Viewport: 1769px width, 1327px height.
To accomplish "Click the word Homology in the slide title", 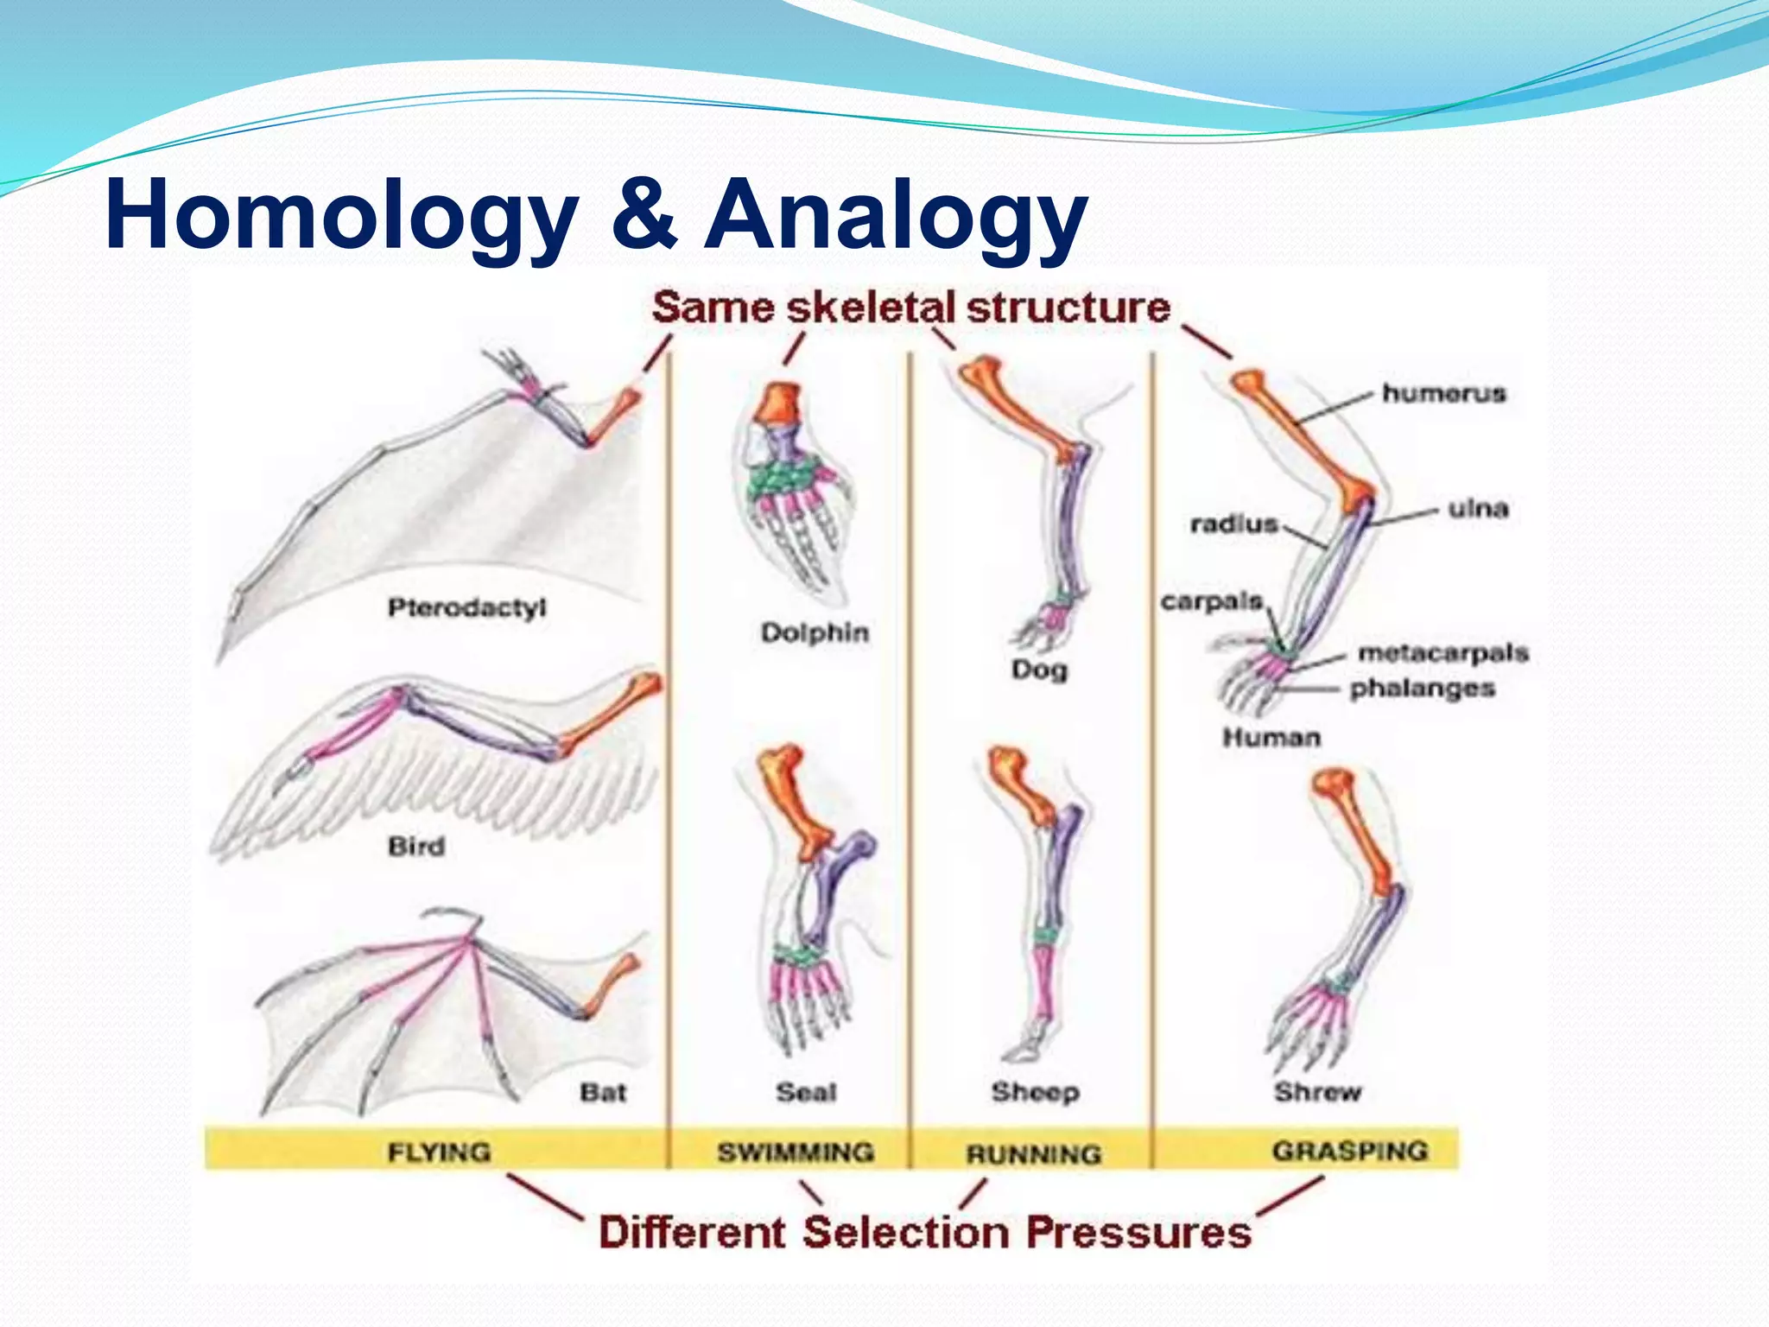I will [341, 214].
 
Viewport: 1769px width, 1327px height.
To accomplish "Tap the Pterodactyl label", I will [466, 607].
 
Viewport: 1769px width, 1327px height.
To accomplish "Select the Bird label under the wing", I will [416, 846].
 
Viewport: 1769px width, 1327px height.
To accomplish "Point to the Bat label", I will [602, 1092].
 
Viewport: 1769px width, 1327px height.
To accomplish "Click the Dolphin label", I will [815, 632].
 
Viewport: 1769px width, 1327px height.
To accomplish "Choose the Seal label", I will [806, 1092].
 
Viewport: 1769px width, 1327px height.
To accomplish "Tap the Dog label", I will [1039, 669].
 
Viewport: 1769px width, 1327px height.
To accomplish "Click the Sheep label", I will [1035, 1092].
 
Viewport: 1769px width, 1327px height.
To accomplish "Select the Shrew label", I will [1317, 1092].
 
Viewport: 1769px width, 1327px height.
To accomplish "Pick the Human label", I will [1271, 737].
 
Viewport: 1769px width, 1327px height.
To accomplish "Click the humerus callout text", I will [1443, 393].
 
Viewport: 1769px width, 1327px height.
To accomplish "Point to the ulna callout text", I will [1478, 508].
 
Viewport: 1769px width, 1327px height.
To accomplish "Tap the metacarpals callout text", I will [1443, 652].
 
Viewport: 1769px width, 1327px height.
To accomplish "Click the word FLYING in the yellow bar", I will [439, 1152].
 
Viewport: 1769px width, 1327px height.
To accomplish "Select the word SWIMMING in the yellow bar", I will [796, 1152].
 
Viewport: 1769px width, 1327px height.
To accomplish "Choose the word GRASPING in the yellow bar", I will [1349, 1151].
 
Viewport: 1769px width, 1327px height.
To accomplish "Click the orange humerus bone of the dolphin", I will [780, 401].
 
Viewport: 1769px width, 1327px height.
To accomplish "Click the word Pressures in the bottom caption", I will [1138, 1232].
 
